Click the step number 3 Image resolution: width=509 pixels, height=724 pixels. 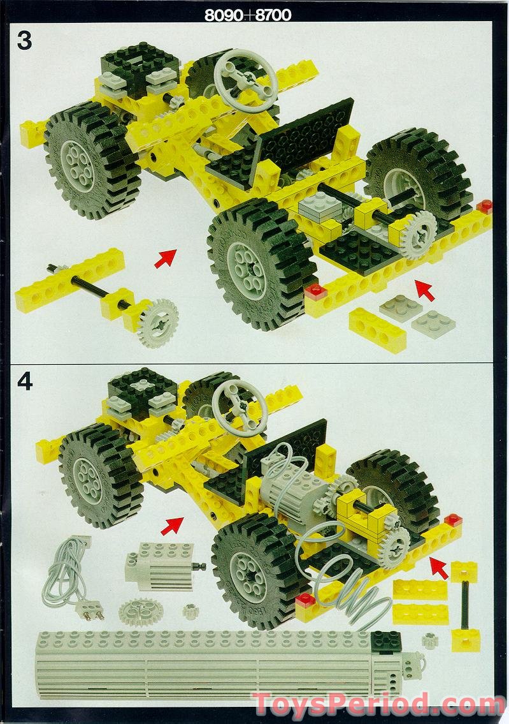click(24, 40)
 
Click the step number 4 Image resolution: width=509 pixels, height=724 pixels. click(25, 381)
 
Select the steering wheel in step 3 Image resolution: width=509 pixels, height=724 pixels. click(245, 80)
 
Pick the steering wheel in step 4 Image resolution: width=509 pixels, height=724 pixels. click(240, 408)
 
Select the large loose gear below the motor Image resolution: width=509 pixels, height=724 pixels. click(140, 612)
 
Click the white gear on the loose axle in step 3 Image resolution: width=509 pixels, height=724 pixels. click(157, 323)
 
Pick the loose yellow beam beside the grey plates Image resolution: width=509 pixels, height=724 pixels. click(378, 329)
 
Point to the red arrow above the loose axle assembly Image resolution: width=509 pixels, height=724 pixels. click(165, 258)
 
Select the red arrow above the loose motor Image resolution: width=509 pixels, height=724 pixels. click(172, 526)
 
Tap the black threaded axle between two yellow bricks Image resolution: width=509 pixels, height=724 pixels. click(466, 603)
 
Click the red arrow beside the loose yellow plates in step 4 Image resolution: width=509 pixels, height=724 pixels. click(438, 566)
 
